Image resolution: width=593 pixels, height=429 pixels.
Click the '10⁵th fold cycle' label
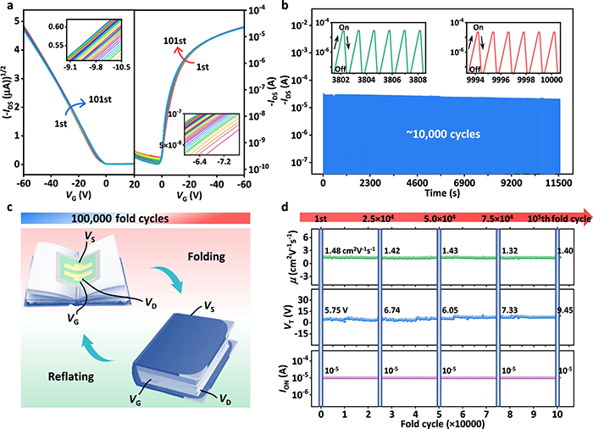point(543,220)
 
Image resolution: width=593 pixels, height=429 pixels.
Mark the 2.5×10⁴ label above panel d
point(379,220)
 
